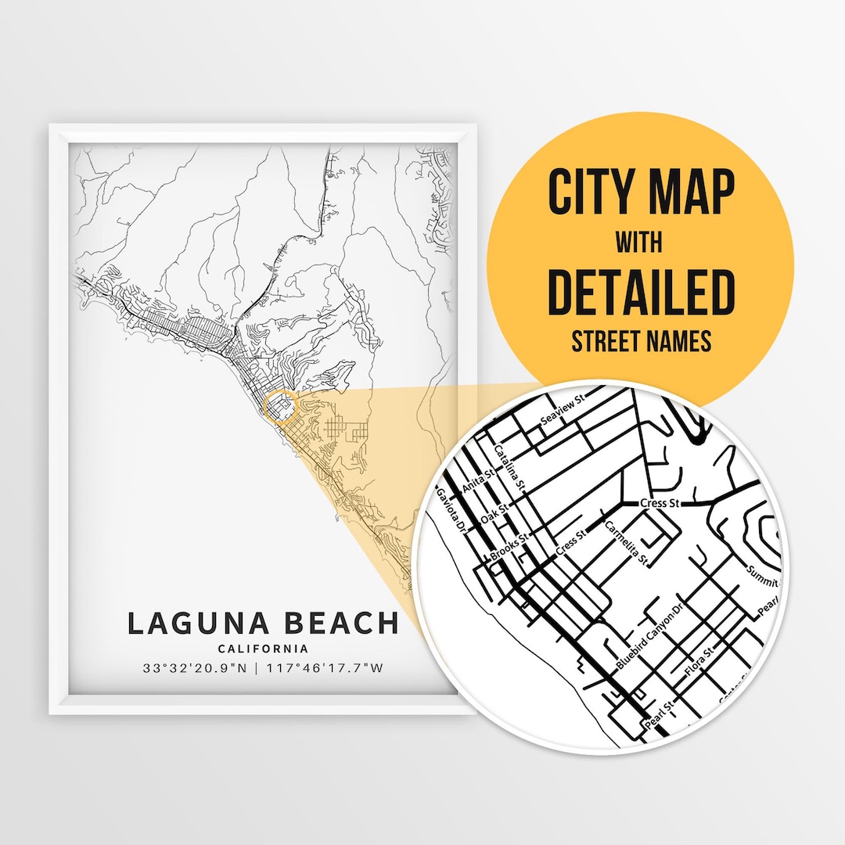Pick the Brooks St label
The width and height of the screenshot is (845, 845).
click(511, 546)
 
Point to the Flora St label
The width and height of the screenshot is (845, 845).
click(699, 661)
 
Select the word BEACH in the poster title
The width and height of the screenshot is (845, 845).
click(339, 624)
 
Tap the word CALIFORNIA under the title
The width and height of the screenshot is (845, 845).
click(263, 649)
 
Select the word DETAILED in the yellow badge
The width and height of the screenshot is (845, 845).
click(641, 291)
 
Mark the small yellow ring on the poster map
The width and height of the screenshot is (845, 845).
click(282, 408)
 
